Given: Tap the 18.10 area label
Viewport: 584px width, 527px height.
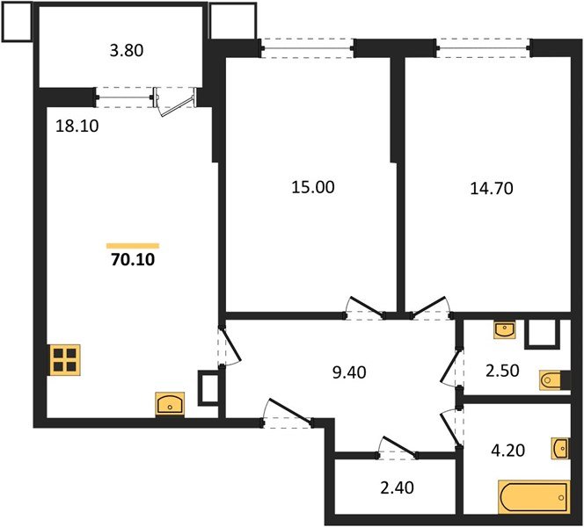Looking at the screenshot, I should click(77, 126).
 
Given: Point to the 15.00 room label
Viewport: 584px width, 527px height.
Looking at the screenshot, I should click(314, 187).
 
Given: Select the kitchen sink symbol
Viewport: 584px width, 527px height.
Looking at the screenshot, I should click(169, 404).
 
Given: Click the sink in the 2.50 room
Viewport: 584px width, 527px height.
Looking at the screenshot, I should click(504, 330).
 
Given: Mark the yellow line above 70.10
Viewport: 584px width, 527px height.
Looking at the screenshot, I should click(133, 245).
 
